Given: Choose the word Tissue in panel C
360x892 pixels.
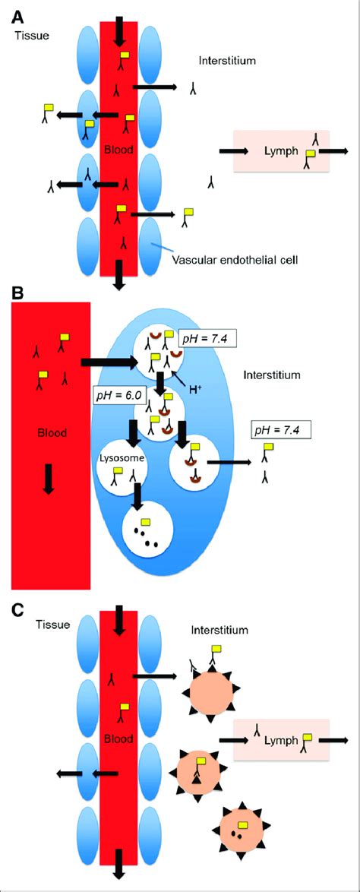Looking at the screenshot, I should [x=52, y=625].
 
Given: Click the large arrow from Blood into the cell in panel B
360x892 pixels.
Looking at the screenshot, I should [x=110, y=362].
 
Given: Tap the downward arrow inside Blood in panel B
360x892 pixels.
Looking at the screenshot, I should [x=48, y=479].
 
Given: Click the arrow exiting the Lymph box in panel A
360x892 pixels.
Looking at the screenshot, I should [x=334, y=151].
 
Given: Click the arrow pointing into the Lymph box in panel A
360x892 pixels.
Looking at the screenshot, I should [x=229, y=151].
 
